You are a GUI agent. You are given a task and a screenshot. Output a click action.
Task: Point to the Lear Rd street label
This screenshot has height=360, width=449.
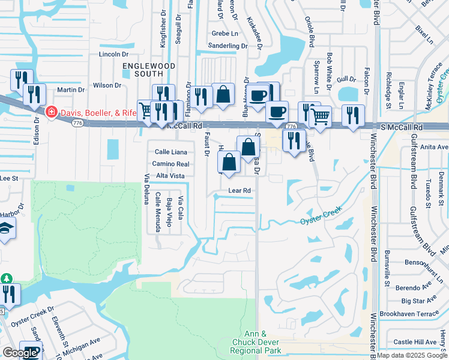tap(238, 191)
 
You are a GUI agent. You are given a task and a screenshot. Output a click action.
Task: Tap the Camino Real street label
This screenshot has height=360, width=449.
tap(171, 164)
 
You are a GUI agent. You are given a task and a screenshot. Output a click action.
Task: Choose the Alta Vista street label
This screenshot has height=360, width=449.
tap(170, 176)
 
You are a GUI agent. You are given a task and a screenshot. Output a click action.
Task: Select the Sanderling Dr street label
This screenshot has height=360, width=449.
tap(228, 45)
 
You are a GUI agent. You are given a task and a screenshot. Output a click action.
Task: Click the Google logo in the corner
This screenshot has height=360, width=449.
tap(19, 353)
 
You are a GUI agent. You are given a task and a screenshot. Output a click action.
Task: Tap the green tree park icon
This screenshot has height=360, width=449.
tap(7, 279)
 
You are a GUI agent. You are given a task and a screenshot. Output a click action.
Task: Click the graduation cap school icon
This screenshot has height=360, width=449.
tap(5, 228)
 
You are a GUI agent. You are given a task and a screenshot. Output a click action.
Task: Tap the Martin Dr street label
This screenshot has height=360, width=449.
tap(70, 90)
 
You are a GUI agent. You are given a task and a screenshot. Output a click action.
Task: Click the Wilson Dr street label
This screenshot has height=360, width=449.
tap(107, 86)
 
